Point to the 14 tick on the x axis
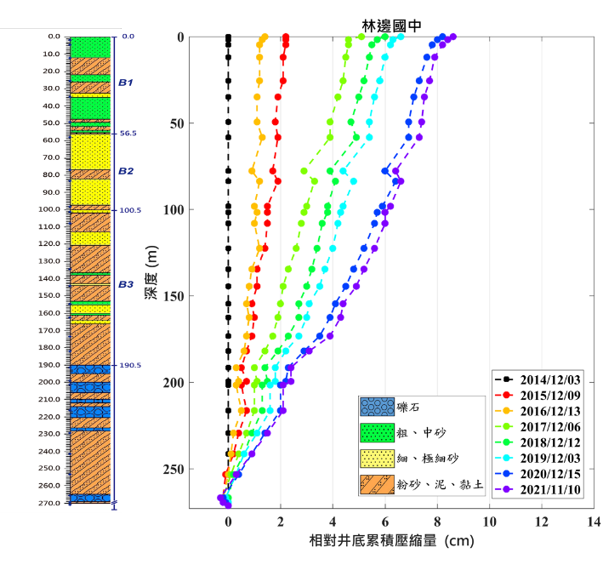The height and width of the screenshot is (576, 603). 594,521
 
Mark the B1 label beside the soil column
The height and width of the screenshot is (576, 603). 126,83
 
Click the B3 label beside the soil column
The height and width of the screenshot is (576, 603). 126,284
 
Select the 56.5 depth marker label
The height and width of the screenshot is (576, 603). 128,134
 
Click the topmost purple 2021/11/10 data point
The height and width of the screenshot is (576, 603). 453,37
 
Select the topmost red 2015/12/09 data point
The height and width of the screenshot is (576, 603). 285,37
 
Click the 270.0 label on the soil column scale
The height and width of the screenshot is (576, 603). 54,503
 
